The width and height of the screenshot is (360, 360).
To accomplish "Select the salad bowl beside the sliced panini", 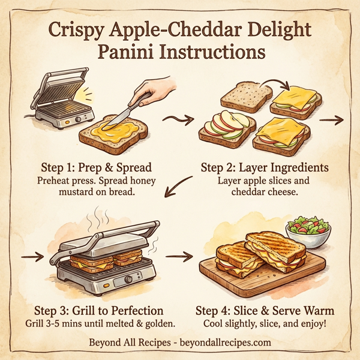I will tap(309, 232).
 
